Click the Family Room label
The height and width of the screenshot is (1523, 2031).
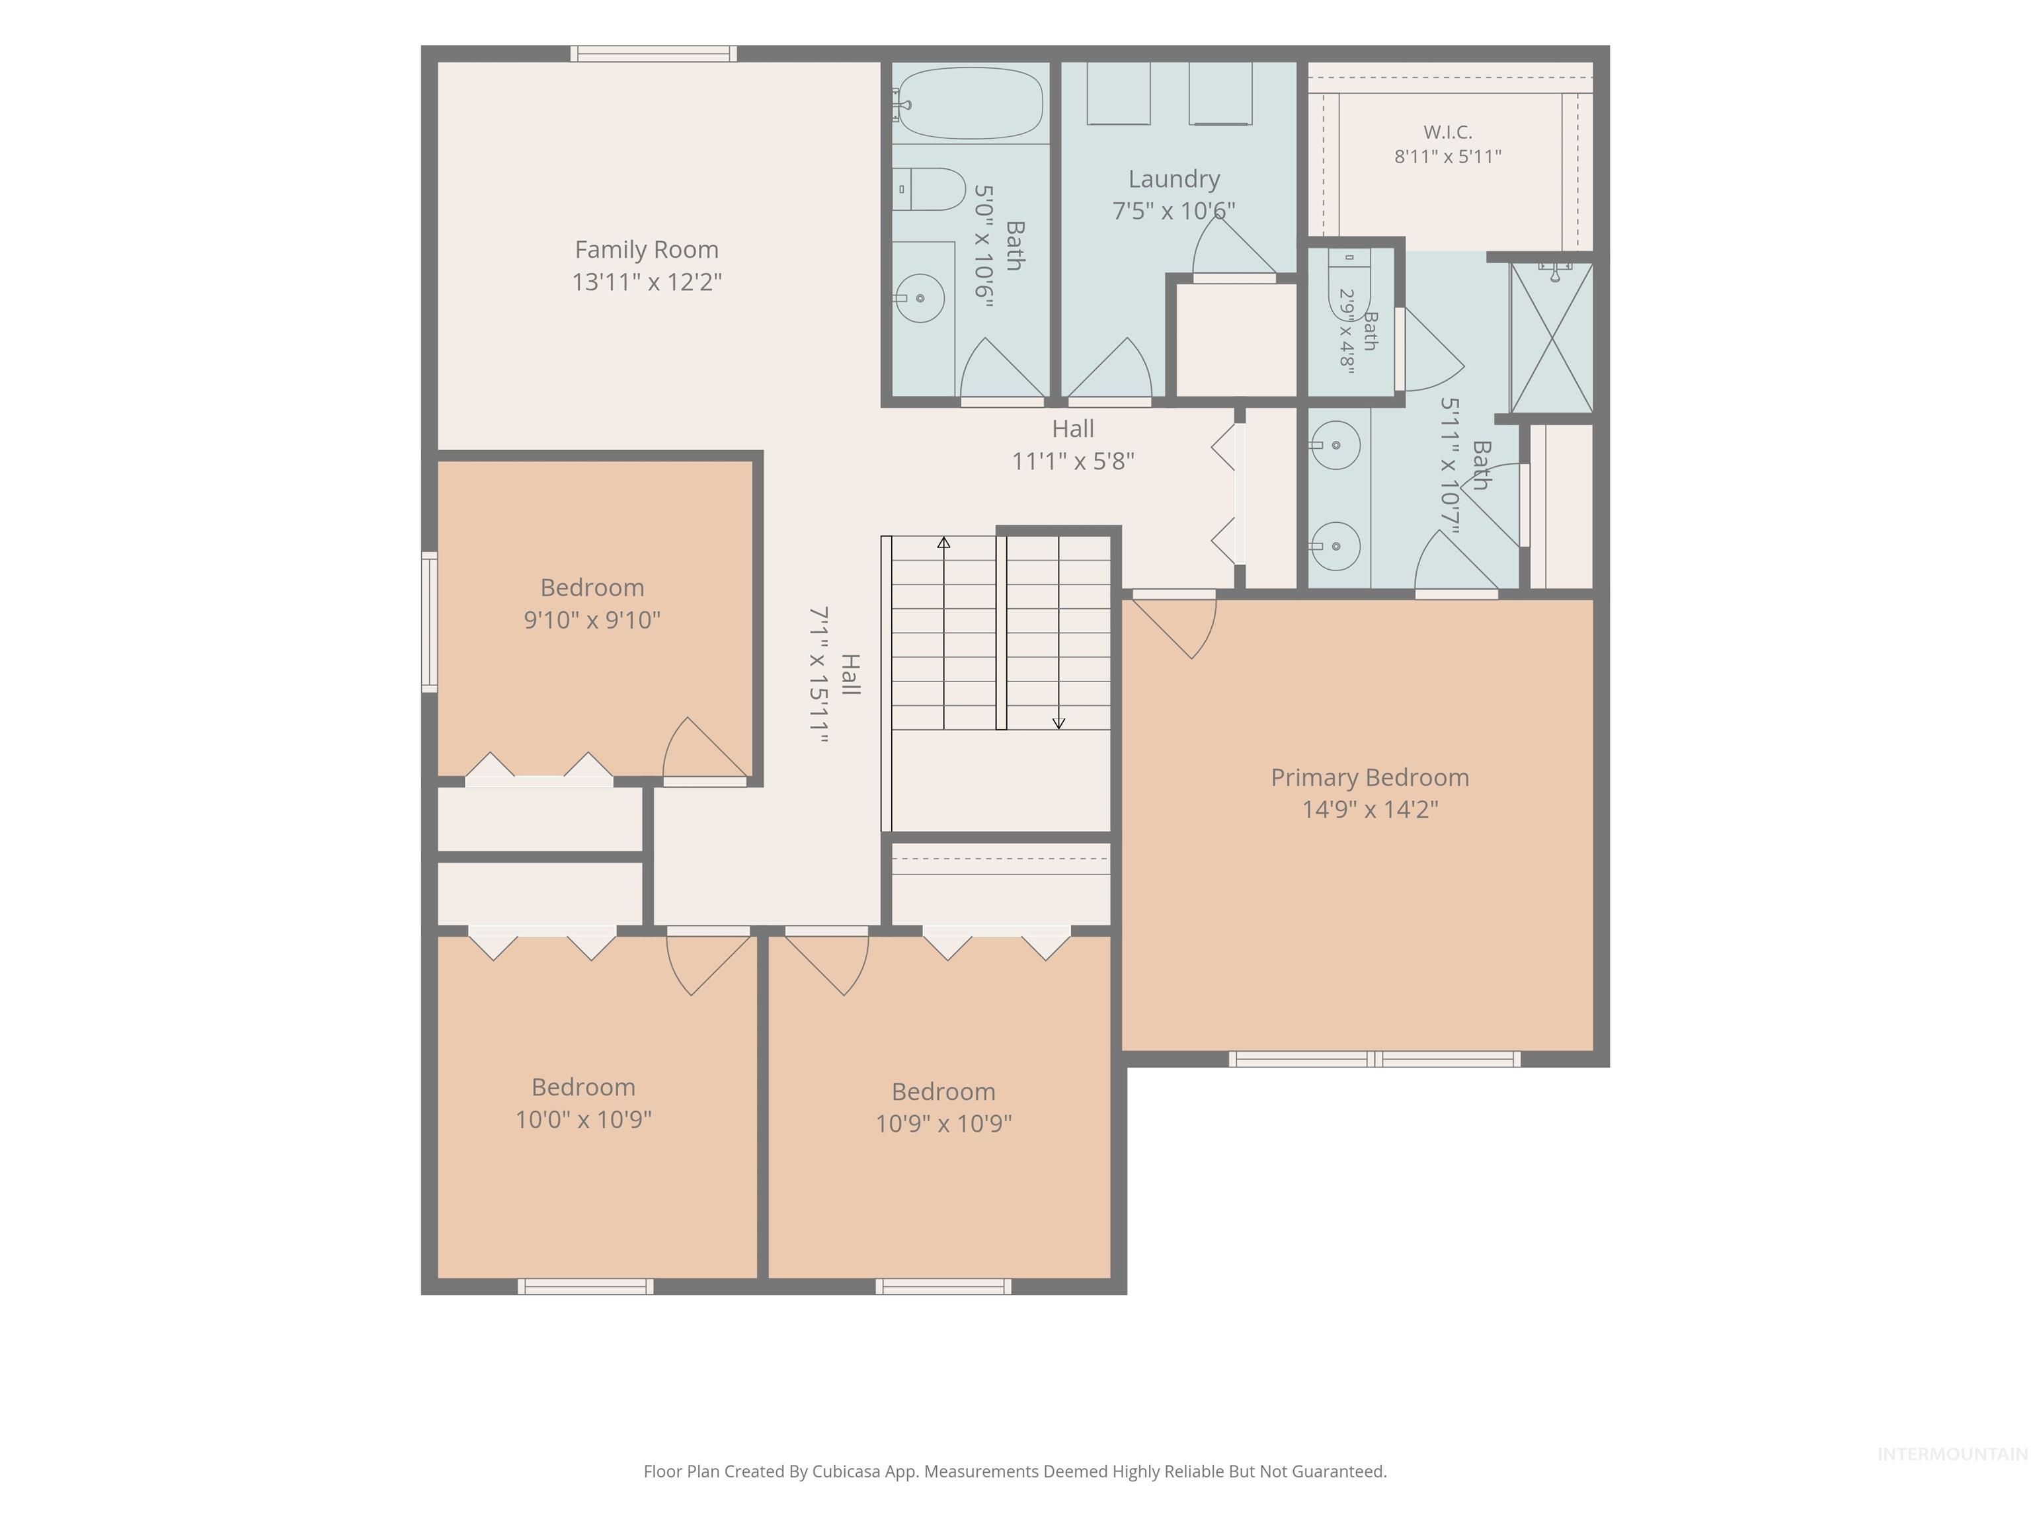point(647,250)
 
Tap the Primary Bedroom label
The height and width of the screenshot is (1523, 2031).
point(1370,777)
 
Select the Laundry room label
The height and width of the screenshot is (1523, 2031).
point(1174,180)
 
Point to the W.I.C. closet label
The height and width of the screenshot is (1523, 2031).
point(1448,132)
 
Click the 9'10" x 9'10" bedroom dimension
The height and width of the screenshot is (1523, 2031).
point(592,619)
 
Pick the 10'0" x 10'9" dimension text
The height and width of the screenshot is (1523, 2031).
point(584,1119)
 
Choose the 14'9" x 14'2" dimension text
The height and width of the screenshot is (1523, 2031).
point(1370,809)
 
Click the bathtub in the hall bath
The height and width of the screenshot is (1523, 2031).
point(969,103)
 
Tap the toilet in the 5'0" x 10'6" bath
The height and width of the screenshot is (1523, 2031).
point(929,189)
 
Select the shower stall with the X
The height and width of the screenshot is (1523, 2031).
point(1552,337)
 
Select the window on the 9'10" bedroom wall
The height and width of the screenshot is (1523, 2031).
point(429,621)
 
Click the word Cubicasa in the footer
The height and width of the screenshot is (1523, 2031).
point(846,1471)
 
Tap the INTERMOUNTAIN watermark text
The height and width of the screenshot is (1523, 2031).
point(1952,1454)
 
